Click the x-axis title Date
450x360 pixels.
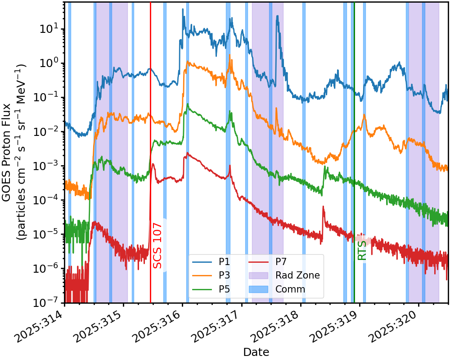pyautogui.click(x=256, y=352)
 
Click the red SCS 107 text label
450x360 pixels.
pyautogui.click(x=157, y=245)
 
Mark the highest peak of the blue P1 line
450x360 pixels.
pyautogui.click(x=183, y=9)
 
